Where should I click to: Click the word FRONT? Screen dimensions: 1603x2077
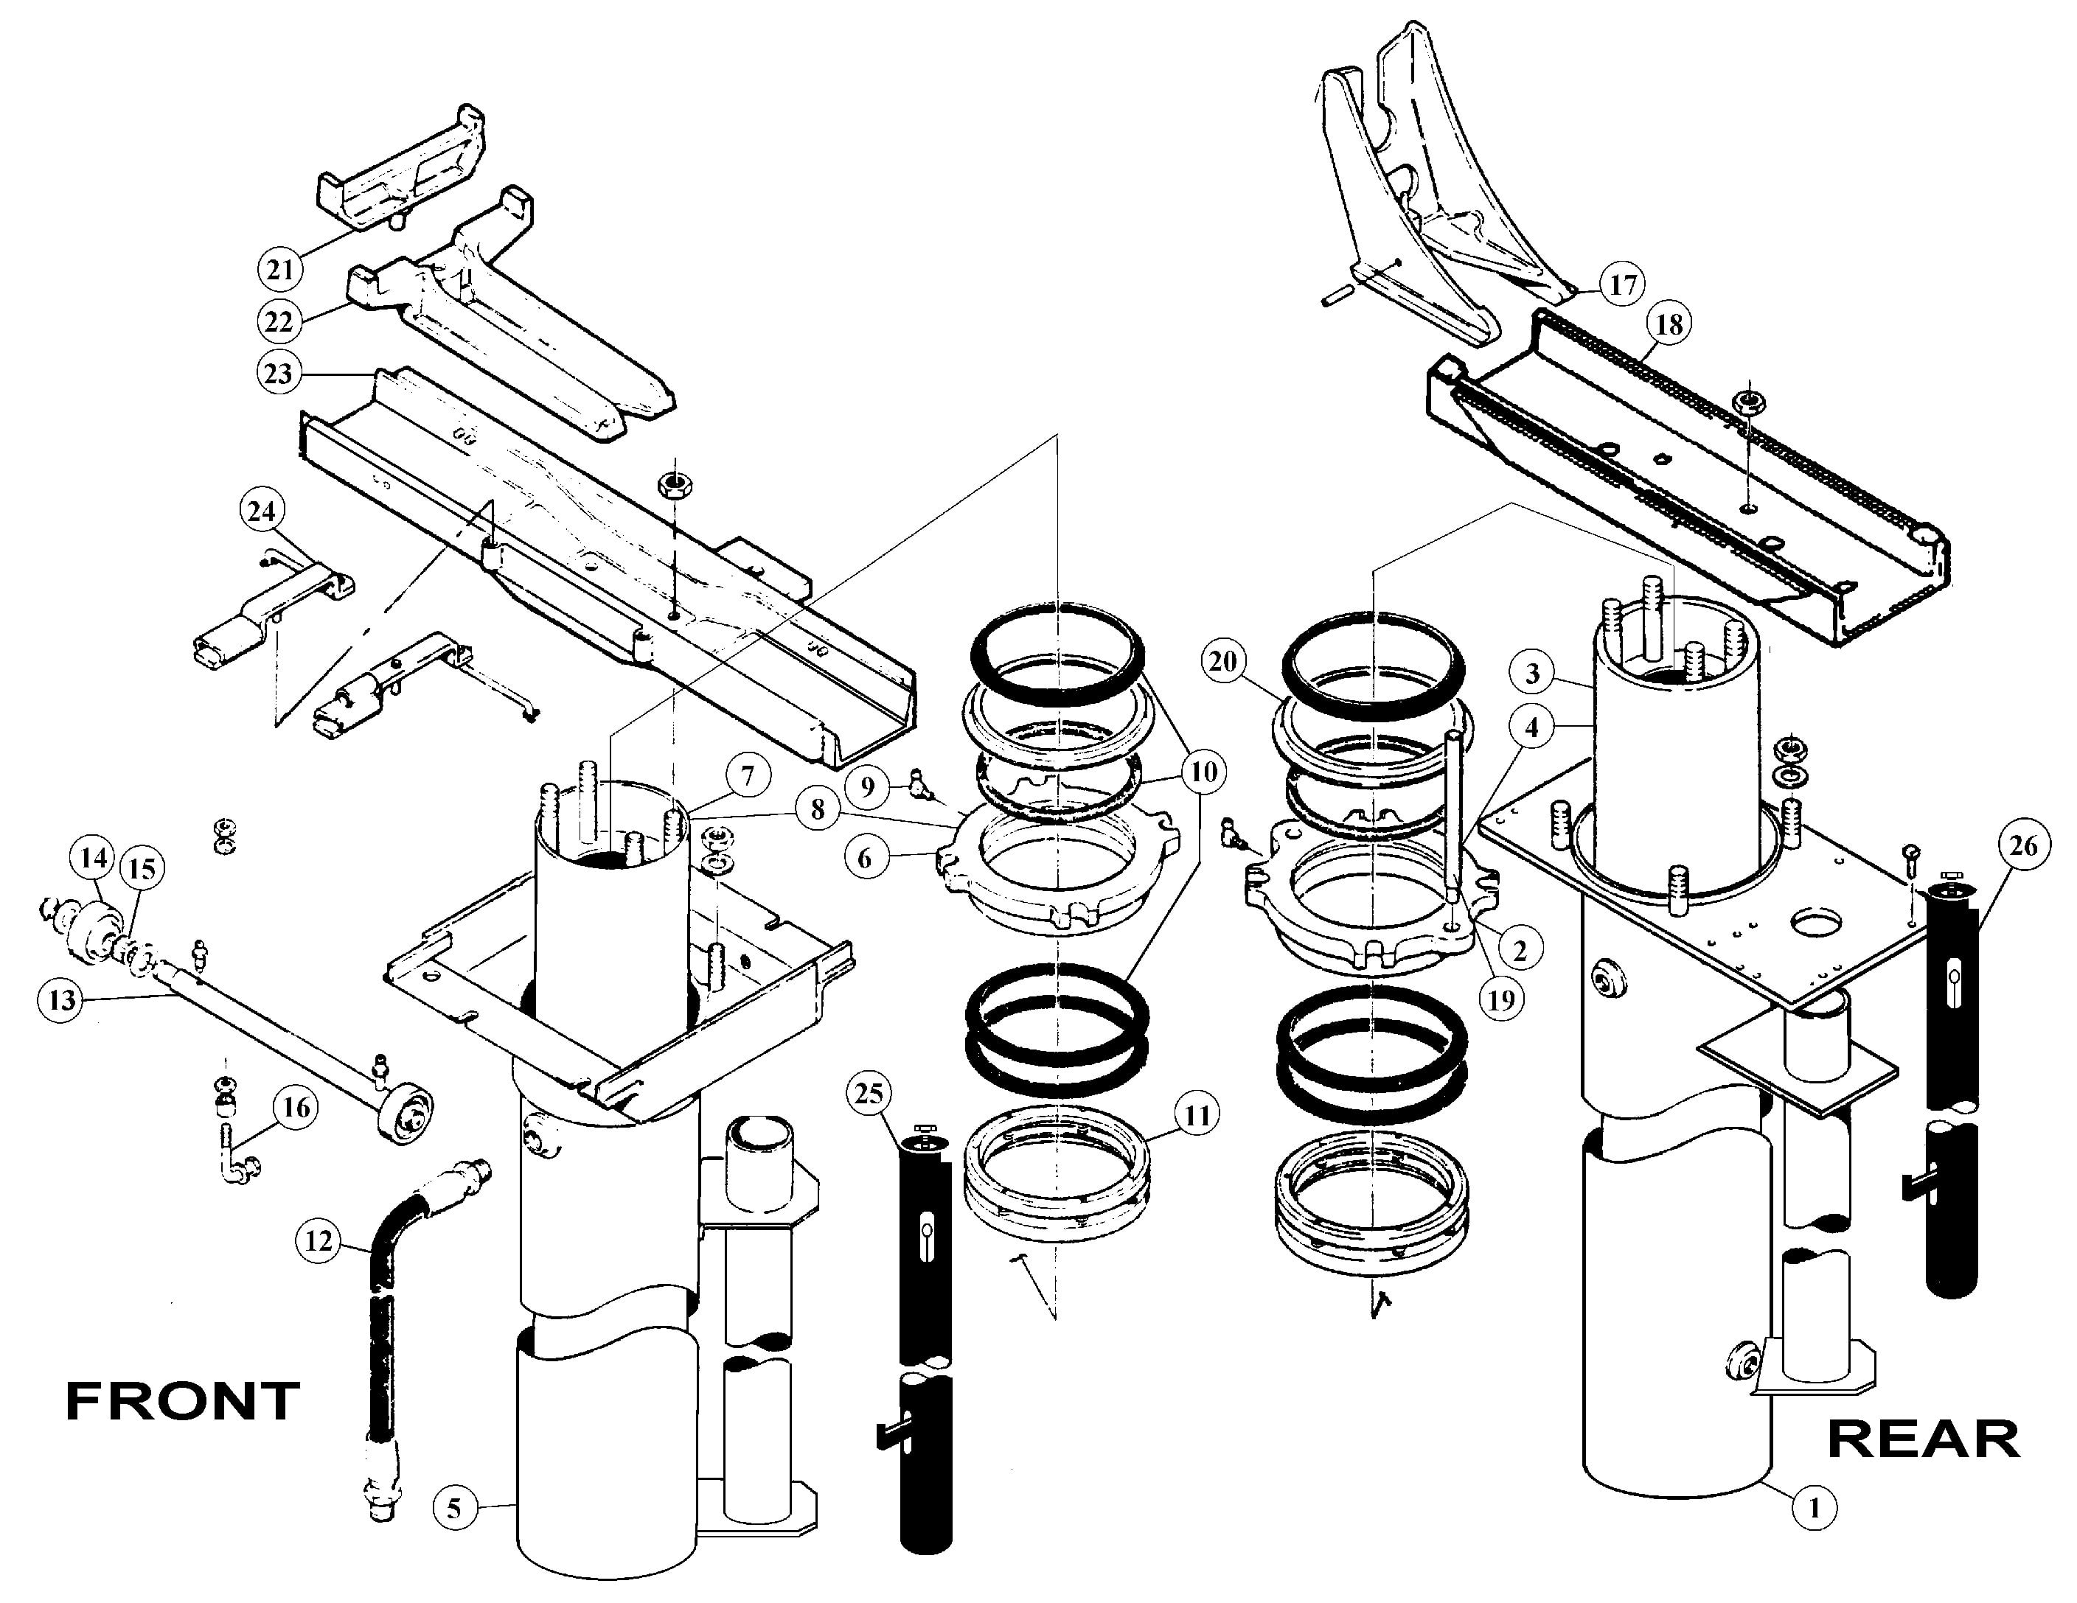183,1402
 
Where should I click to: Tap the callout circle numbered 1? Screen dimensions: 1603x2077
1815,1507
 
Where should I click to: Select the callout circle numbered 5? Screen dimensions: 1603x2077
455,1508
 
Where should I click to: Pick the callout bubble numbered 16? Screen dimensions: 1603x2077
296,1108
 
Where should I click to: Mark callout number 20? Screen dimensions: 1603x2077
1223,661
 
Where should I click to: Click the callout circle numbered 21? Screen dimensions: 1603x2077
279,270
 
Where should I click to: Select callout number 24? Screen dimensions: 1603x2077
262,511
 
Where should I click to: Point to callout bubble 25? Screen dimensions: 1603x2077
869,1095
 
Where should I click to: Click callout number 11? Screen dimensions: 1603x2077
1197,1114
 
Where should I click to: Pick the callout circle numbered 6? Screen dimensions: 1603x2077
864,859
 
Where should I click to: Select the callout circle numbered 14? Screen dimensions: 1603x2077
93,859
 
